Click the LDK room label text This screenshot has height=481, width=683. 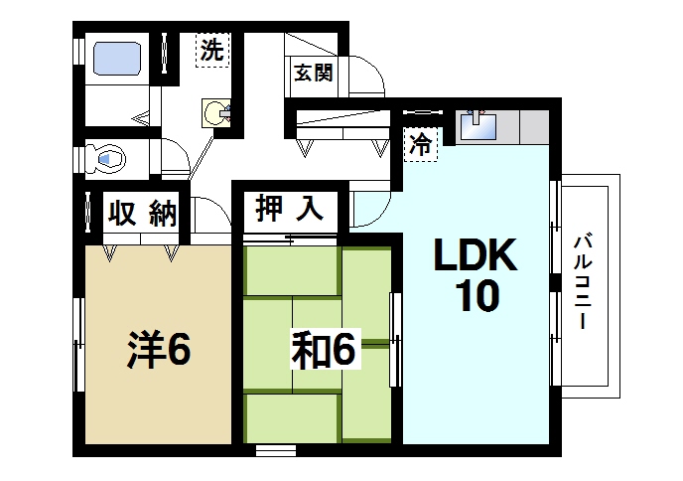click(475, 257)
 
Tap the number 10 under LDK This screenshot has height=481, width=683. click(476, 298)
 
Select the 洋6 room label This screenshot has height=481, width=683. click(158, 351)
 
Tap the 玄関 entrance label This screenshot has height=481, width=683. click(312, 74)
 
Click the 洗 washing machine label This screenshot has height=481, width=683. click(211, 49)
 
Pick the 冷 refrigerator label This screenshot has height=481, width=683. click(422, 143)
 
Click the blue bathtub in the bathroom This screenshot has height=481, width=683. click(119, 60)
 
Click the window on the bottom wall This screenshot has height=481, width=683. click(275, 450)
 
